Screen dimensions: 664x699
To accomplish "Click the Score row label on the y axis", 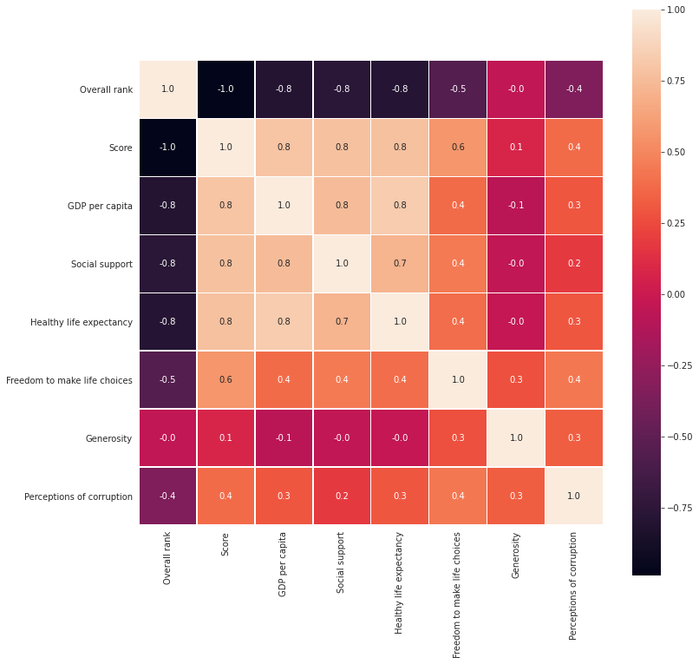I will click(x=121, y=148).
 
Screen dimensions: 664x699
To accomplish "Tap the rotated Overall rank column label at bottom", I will click(x=167, y=557).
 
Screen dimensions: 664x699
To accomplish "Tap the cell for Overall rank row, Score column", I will click(x=225, y=89).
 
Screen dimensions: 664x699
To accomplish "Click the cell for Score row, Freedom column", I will click(x=458, y=148).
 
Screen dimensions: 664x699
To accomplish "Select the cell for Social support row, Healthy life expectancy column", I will click(x=400, y=264).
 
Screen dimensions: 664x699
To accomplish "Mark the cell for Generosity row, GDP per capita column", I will click(x=284, y=438).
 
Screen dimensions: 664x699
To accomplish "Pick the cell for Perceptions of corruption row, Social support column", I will click(x=342, y=496).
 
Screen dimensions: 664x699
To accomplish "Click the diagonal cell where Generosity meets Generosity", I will click(x=516, y=438).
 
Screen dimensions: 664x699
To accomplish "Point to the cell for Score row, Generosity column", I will click(x=516, y=148).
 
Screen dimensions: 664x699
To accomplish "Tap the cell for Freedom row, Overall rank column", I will click(x=167, y=380).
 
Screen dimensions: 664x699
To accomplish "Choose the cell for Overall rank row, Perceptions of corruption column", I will click(x=574, y=89).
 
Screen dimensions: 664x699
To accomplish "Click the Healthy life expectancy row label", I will click(x=82, y=322).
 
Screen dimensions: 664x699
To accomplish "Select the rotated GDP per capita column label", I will click(x=284, y=562).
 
